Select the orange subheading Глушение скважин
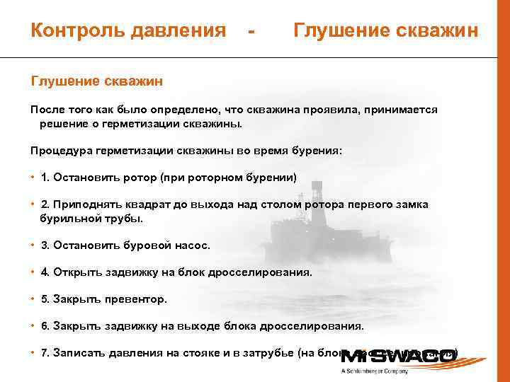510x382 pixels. pos(97,81)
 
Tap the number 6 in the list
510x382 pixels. pos(45,326)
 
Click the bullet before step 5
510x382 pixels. pos(33,299)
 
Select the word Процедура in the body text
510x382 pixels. pos(60,151)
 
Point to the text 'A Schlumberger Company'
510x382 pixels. pos(376,371)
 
